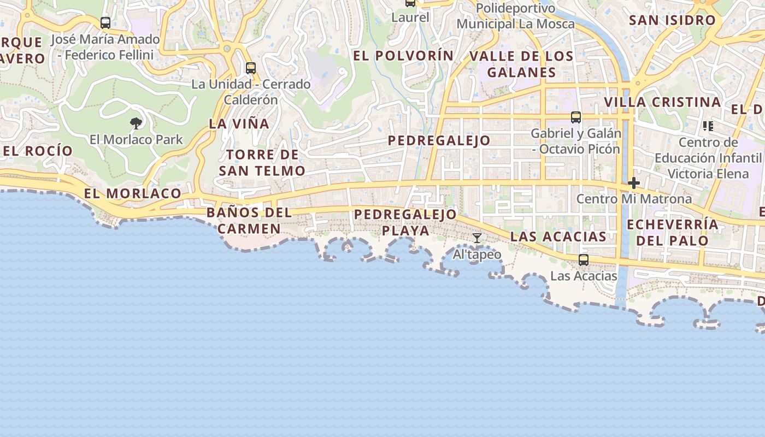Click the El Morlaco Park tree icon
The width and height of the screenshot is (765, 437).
136,123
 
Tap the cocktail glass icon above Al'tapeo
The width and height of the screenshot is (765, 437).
477,238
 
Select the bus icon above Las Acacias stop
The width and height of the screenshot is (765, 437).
584,259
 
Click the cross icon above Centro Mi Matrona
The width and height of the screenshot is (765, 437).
634,182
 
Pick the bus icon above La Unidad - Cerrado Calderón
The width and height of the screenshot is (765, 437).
251,68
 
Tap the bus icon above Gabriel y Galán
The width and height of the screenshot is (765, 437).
576,117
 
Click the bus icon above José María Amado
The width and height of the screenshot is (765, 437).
105,23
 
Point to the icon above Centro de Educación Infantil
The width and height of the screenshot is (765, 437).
708,126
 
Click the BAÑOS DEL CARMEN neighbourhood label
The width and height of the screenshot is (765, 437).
249,221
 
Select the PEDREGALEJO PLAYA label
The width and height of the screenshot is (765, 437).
405,222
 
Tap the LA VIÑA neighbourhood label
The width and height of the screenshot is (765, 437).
239,124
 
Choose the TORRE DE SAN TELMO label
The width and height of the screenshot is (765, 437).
262,163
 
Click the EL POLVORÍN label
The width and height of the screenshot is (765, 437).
403,56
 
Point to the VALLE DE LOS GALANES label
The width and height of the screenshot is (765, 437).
521,64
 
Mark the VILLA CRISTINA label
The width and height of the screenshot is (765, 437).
662,102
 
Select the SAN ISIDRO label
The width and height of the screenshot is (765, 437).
672,20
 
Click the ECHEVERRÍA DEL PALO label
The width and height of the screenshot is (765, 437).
673,232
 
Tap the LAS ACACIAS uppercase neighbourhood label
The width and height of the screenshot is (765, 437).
558,237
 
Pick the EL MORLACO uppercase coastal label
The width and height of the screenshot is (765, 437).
133,193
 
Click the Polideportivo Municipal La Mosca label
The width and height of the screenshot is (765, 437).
515,16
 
